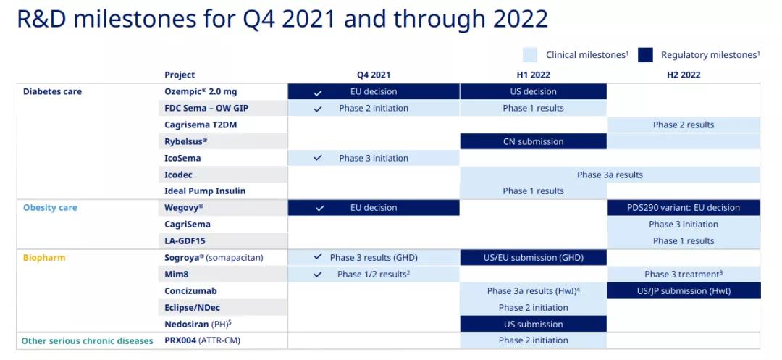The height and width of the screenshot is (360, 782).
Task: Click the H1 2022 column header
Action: point(533,75)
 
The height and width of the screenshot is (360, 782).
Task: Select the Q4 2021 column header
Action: point(374,75)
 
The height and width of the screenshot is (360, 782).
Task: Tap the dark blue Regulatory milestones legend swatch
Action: point(645,55)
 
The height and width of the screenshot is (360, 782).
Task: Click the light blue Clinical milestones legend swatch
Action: point(530,55)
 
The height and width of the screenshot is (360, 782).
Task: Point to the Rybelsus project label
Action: point(185,141)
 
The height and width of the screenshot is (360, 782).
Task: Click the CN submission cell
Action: point(533,141)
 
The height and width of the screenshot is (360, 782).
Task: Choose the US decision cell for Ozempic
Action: point(533,92)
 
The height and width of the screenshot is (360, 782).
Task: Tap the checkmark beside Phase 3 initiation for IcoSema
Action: point(318,158)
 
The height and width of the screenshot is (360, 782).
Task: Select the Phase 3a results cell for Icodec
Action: point(610,175)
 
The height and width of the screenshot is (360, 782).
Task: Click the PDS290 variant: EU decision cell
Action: point(684,207)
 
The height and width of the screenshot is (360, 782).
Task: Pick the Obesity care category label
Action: point(51,207)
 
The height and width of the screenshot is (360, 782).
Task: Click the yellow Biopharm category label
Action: point(44,258)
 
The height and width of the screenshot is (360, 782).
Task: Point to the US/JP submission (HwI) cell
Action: point(684,290)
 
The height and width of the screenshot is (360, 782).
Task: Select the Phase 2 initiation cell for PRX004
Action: point(533,340)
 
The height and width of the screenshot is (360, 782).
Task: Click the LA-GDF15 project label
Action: point(185,240)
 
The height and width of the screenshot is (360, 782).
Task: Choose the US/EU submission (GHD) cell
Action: point(533,258)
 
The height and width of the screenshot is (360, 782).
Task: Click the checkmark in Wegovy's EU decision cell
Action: point(320,208)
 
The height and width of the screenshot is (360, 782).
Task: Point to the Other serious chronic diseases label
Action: point(88,341)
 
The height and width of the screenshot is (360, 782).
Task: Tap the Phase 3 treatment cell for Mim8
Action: point(684,275)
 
